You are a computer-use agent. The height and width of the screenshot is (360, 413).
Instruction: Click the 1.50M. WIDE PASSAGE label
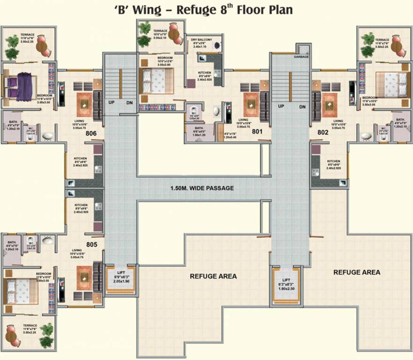coord(202,188)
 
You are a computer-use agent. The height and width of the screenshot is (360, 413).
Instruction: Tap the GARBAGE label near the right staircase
coord(301,56)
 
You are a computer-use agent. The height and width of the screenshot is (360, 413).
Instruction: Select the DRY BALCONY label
coord(201,40)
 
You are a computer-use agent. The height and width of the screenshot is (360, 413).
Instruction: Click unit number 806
coord(91,134)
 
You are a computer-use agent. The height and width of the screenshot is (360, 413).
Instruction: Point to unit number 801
coord(257,132)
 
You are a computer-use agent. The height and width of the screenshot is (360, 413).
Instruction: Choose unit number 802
coord(322,133)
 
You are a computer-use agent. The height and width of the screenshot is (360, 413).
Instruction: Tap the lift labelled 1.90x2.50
coord(286,285)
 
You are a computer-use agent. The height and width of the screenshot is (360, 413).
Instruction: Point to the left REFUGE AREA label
coord(213,276)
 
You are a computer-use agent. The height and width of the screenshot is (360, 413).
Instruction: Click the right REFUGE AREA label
coord(357,272)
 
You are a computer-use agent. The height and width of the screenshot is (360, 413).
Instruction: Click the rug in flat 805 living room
coord(84,277)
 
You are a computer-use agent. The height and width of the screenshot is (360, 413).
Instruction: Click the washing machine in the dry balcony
coord(216,46)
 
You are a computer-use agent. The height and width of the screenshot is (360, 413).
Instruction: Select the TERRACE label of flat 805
coord(30,325)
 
